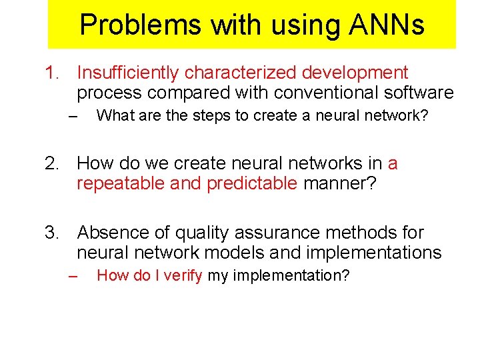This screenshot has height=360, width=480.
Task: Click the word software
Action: point(417,93)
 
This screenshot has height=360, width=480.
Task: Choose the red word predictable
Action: point(252,183)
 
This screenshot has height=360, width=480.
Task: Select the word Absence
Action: point(110,233)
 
